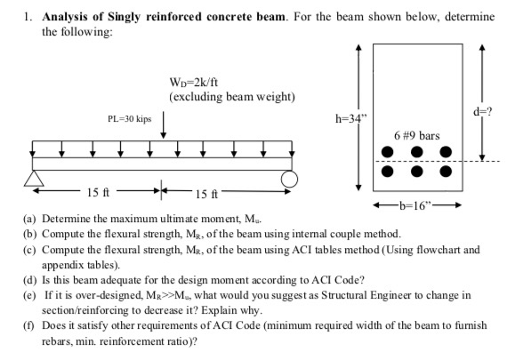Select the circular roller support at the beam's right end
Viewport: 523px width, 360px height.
[x=289, y=180]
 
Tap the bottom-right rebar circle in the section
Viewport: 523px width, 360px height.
[x=446, y=171]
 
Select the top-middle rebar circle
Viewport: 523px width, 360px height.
[x=416, y=152]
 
